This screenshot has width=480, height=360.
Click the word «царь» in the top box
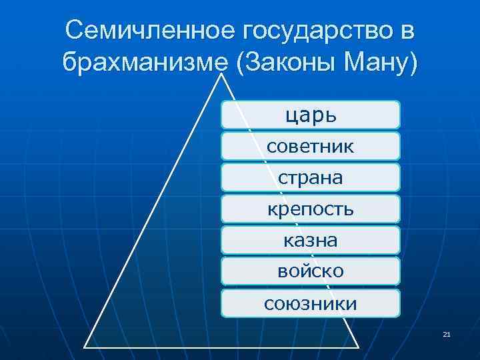310,115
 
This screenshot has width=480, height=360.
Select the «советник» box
310,147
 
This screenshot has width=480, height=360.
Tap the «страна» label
310,178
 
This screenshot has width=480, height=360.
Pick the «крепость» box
310,209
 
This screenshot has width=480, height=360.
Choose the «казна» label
310,241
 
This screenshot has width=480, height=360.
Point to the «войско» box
310,272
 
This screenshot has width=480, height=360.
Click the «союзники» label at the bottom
310,304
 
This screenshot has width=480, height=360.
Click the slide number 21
446,334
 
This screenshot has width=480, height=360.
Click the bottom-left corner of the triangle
85,347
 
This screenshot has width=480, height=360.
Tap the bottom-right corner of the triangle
358,347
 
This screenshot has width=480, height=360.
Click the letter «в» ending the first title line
407,31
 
